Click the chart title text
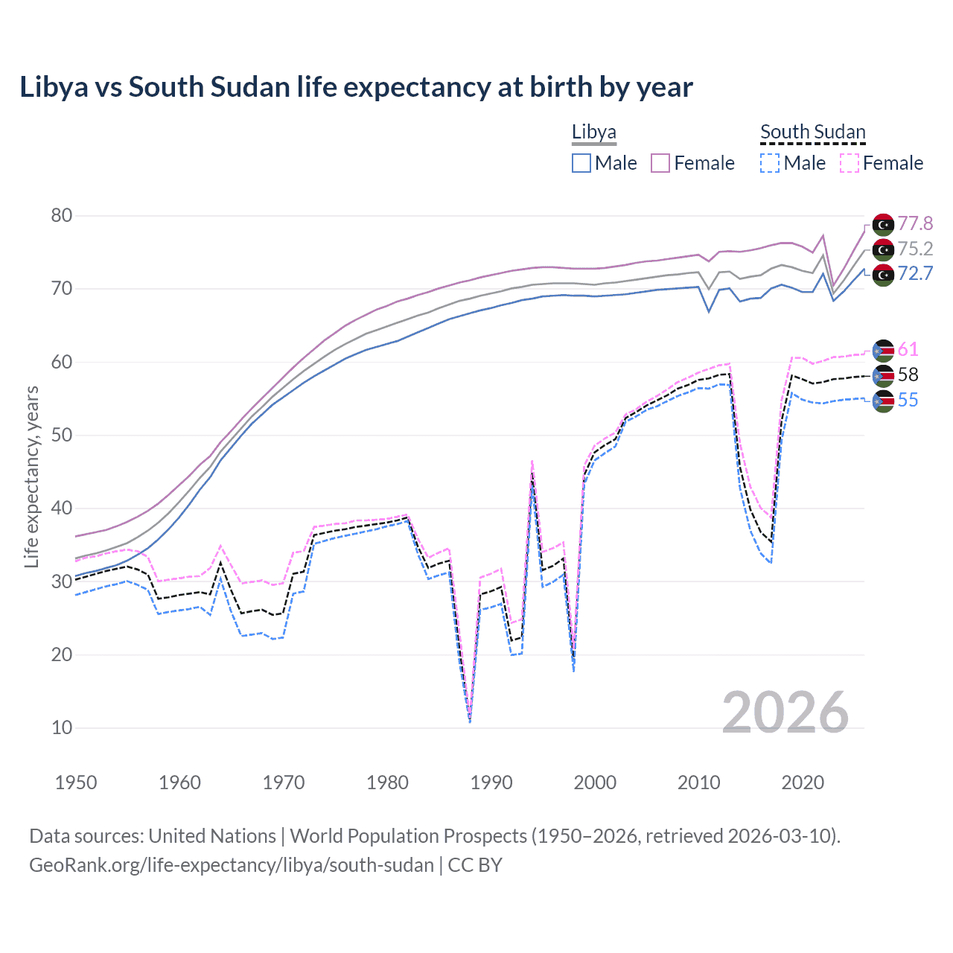[x=356, y=87]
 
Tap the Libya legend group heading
[x=593, y=132]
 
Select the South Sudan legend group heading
[x=812, y=132]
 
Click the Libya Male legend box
[x=581, y=163]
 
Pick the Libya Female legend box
[x=660, y=163]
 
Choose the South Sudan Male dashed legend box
[x=770, y=163]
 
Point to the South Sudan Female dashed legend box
[x=850, y=163]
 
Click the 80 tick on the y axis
[x=62, y=216]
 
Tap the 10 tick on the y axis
[x=62, y=728]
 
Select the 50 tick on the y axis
[x=62, y=436]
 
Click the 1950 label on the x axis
[x=76, y=783]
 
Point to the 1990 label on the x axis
[x=491, y=783]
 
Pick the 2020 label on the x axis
[x=803, y=783]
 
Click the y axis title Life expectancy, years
[x=32, y=476]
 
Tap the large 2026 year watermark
[x=785, y=713]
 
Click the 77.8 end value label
[x=915, y=223]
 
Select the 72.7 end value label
[x=915, y=274]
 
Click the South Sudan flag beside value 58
[x=883, y=376]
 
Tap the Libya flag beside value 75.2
[x=883, y=249]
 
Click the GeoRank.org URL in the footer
[x=231, y=865]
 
